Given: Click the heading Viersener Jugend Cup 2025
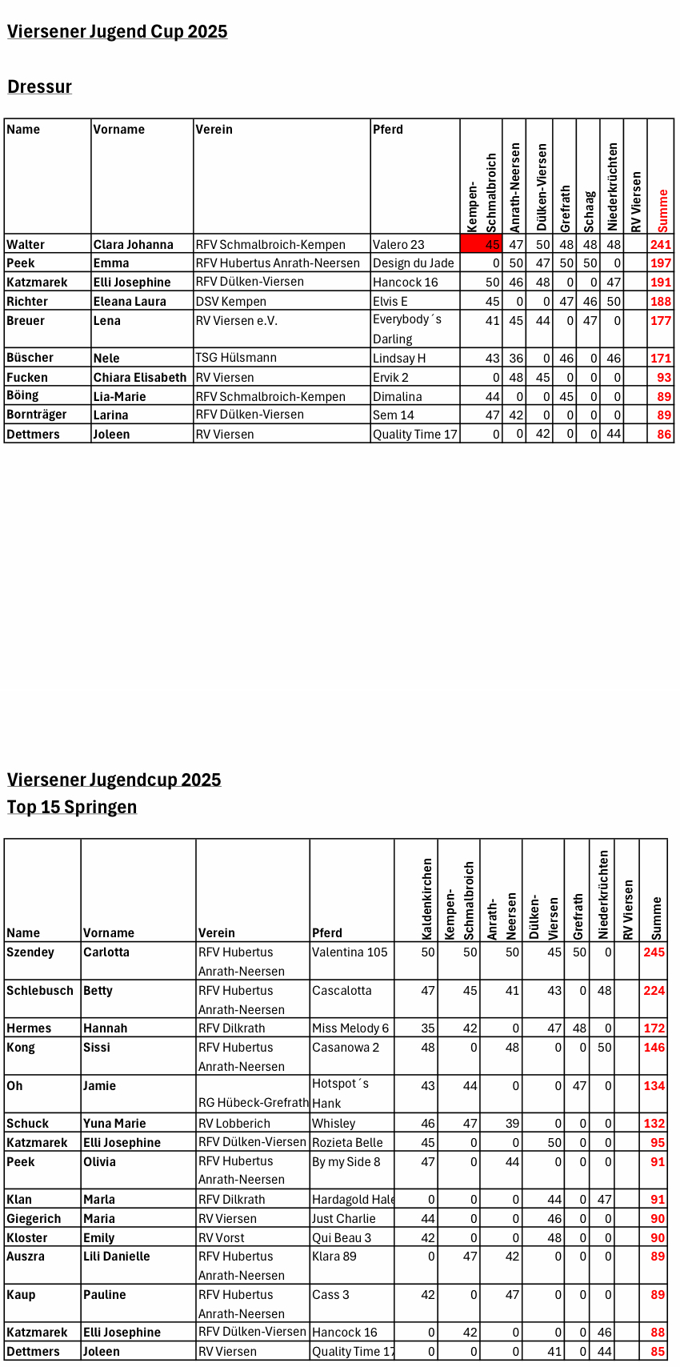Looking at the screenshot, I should pyautogui.click(x=118, y=32).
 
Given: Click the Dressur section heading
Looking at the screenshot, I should pyautogui.click(x=40, y=87).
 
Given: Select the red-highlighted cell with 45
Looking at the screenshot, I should pyautogui.click(x=482, y=244).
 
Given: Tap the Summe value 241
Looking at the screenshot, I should pyautogui.click(x=661, y=245).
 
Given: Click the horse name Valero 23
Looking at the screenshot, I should pyautogui.click(x=398, y=245).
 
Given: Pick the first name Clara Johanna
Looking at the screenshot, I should pyautogui.click(x=134, y=245).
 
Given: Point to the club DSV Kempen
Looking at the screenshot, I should pyautogui.click(x=231, y=302).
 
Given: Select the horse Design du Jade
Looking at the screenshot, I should pyautogui.click(x=413, y=263).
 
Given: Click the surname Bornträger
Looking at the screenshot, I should pyautogui.click(x=37, y=415).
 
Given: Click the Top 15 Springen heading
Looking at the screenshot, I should pyautogui.click(x=72, y=807).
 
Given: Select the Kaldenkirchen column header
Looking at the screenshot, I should pyautogui.click(x=427, y=899).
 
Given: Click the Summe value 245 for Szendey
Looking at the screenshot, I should pyautogui.click(x=654, y=952).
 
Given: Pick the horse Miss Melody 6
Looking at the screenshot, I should pyautogui.click(x=350, y=1028).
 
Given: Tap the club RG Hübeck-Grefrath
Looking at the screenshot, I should pyautogui.click(x=254, y=1103).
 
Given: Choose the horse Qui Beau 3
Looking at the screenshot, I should pyautogui.click(x=342, y=1238).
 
